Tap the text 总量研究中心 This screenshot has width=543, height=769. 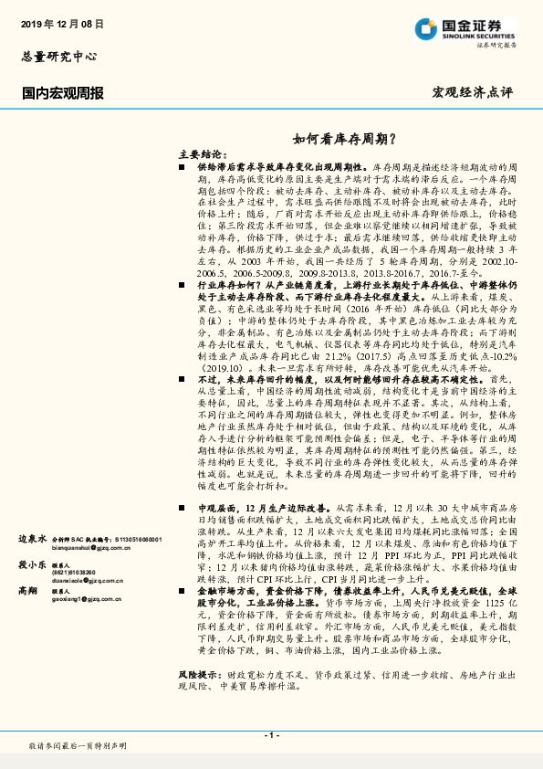(x=58, y=57)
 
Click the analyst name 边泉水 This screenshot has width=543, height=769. (x=33, y=540)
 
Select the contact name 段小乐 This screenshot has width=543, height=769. (x=33, y=564)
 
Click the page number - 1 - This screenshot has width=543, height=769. (x=271, y=735)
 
